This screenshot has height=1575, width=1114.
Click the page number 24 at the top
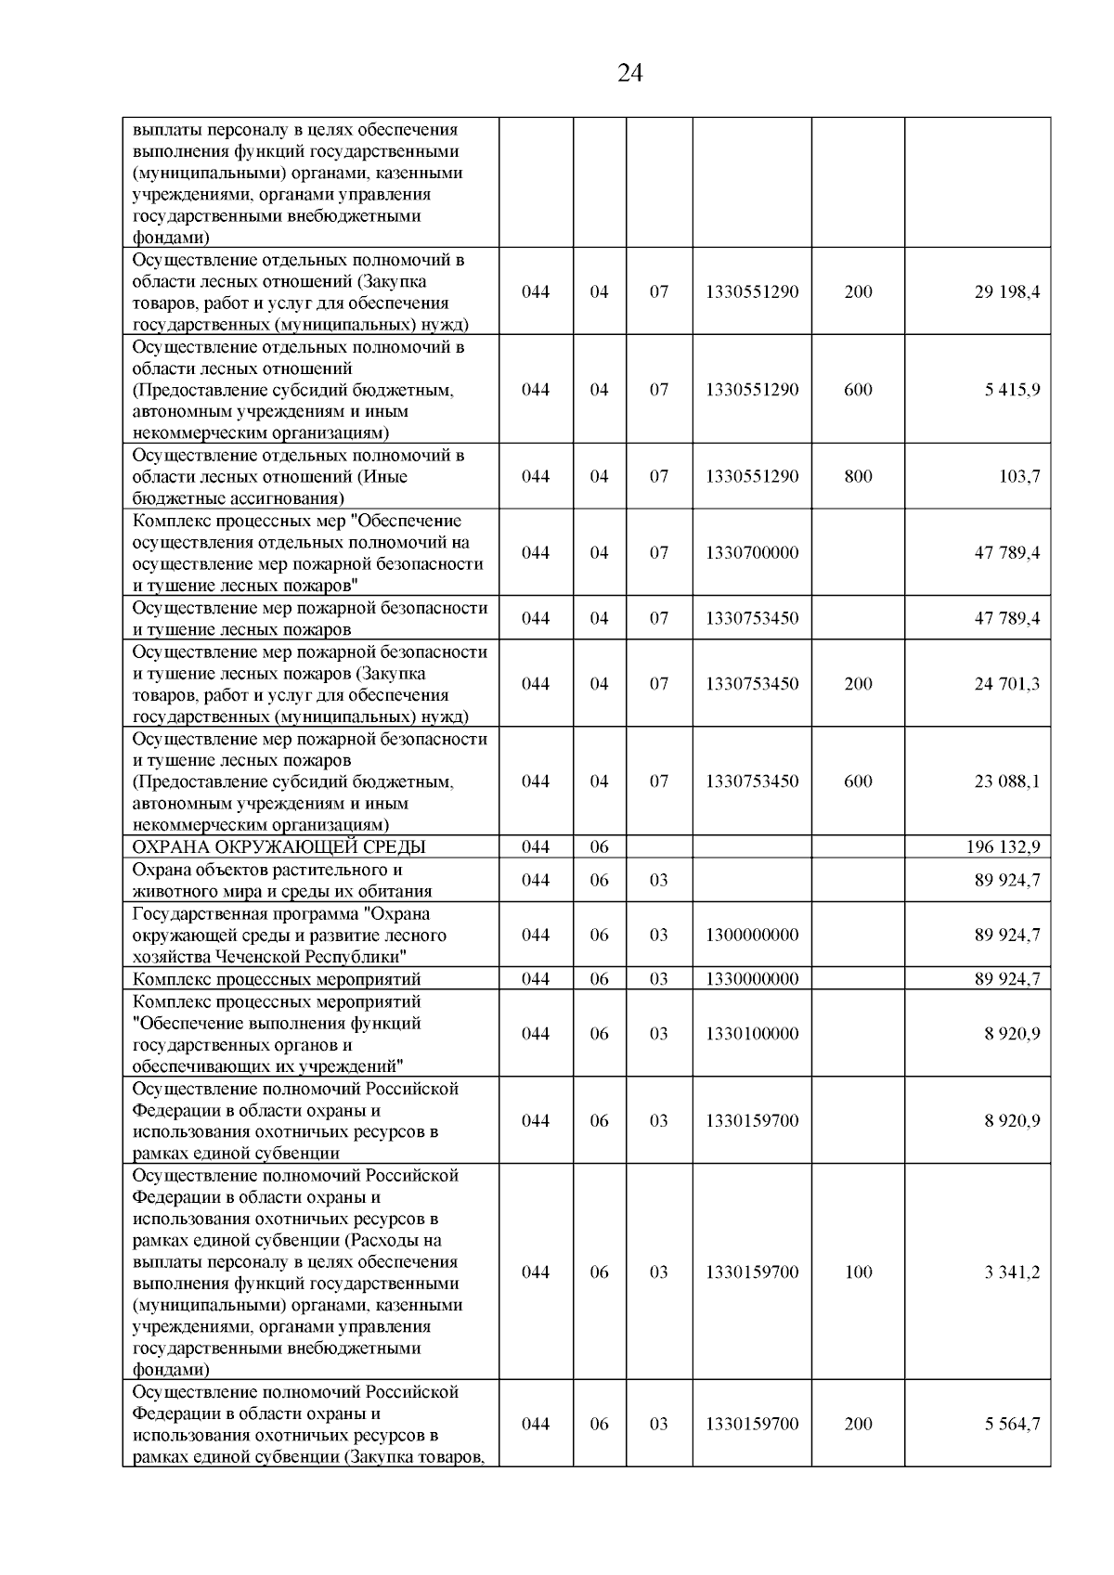[629, 73]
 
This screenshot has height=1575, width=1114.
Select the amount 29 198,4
[1006, 292]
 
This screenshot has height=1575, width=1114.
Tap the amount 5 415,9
[1012, 390]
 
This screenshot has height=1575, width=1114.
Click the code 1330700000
[751, 553]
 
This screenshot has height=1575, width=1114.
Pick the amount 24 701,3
[1006, 684]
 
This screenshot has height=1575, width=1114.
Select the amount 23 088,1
[1006, 781]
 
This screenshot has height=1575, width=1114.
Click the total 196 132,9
[1003, 846]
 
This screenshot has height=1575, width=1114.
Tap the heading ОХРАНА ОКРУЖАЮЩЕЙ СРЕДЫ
[279, 846]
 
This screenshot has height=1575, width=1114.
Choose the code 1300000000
[751, 936]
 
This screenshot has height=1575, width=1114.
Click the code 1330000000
[751, 979]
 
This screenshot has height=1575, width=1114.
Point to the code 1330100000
[751, 1034]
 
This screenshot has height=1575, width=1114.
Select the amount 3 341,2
[1012, 1272]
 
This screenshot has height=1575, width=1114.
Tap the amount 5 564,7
[1012, 1425]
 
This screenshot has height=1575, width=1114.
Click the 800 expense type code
[858, 477]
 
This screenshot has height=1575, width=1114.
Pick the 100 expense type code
[858, 1272]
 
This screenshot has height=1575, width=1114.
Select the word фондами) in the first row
[171, 238]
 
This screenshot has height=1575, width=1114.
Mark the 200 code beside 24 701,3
[858, 684]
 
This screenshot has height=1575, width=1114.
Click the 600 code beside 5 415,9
[858, 390]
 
